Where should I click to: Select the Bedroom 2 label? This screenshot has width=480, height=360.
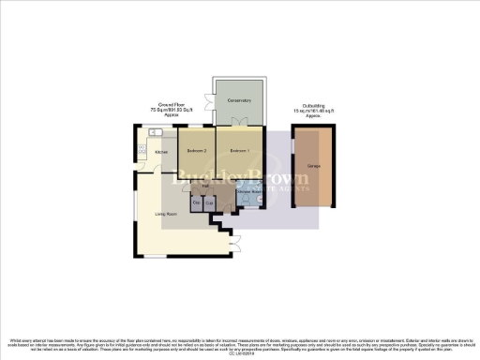click(x=195, y=151)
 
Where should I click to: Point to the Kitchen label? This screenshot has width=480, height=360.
click(x=161, y=152)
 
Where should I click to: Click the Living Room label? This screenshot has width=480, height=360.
click(x=167, y=214)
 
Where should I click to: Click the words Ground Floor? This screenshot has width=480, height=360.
click(x=170, y=105)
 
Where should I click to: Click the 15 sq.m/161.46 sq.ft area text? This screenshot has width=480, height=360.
click(x=316, y=112)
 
